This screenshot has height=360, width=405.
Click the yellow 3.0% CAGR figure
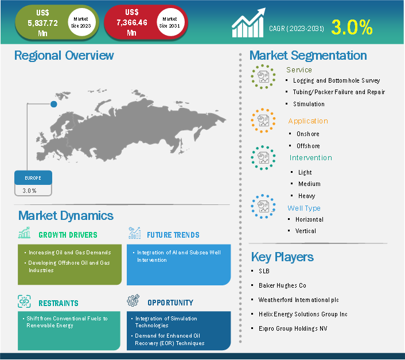pyautogui.click(x=352, y=27)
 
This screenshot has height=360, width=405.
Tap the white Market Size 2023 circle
pyautogui.click(x=81, y=22)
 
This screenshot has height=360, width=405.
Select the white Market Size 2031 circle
pyautogui.click(x=170, y=22)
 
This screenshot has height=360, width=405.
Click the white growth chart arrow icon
pyautogui.click(x=248, y=23)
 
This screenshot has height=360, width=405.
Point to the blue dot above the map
pyautogui.click(x=54, y=104)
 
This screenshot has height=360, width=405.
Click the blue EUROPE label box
pyautogui.click(x=33, y=178)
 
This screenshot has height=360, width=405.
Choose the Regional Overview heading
pyautogui.click(x=64, y=55)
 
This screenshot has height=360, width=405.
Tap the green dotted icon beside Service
pyautogui.click(x=263, y=77)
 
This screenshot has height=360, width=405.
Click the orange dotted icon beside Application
pyautogui.click(x=263, y=121)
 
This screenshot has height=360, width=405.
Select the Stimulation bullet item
pyautogui.click(x=309, y=104)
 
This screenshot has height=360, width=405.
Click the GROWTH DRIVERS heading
pyautogui.click(x=68, y=235)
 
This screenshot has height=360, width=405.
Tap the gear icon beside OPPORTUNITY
pyautogui.click(x=133, y=300)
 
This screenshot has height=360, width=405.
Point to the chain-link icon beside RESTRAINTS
pyautogui.click(x=24, y=301)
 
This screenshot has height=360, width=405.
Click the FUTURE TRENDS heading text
pyautogui.click(x=173, y=235)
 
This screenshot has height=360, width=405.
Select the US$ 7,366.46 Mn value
pyautogui.click(x=132, y=22)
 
